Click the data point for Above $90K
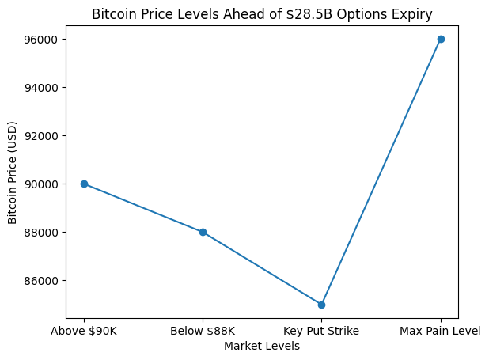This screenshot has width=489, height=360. click(x=84, y=184)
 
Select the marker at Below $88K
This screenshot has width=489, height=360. click(x=203, y=232)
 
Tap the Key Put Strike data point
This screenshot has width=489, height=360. click(x=321, y=305)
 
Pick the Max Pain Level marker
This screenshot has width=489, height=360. click(x=441, y=39)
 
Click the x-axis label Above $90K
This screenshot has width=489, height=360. click(x=84, y=331)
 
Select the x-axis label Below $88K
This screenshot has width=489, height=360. click(x=203, y=331)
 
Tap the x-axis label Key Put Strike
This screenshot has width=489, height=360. click(x=321, y=331)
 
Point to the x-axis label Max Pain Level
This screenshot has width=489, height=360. click(x=441, y=331)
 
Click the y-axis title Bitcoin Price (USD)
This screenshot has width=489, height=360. click(x=13, y=172)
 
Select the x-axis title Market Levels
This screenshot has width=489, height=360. click(x=262, y=346)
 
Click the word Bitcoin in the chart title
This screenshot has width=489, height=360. click(x=112, y=13)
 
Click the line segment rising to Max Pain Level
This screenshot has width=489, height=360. click(x=381, y=172)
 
